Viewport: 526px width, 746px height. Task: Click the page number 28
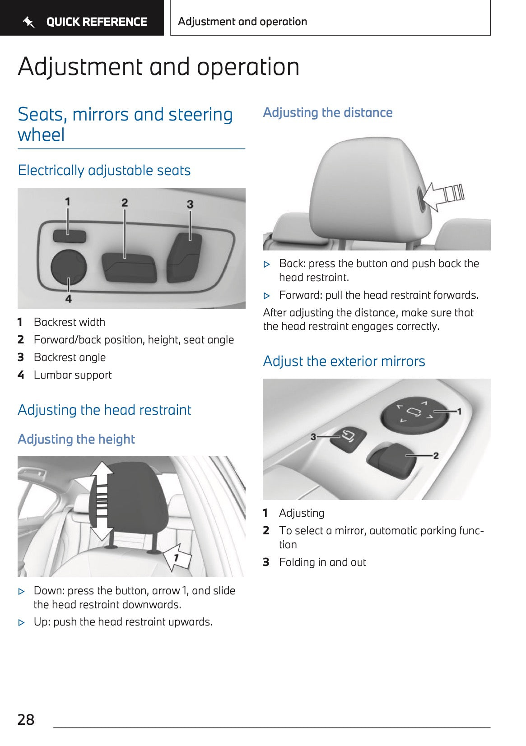[x=26, y=719]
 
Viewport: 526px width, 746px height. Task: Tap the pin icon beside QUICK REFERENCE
[x=29, y=22]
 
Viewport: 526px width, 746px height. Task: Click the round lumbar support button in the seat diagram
[x=68, y=267]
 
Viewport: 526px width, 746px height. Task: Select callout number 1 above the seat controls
[x=67, y=201]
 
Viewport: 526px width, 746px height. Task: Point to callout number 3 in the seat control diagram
[x=190, y=204]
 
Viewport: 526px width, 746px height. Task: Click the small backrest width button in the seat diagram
[x=69, y=236]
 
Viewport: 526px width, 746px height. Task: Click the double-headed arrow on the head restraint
[x=102, y=500]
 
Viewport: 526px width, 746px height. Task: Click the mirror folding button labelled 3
[x=349, y=437]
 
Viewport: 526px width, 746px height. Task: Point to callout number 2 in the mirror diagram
[x=436, y=455]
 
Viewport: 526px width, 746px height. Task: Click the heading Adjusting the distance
[x=328, y=112]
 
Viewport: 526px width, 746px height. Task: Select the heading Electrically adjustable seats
[x=104, y=170]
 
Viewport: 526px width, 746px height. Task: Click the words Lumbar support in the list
[x=73, y=375]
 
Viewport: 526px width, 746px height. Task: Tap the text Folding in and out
[x=322, y=562]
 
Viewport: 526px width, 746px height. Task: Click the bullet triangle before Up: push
[x=21, y=622]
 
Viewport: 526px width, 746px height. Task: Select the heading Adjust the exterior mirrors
[x=344, y=361]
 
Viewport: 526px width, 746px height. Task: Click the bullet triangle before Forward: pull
[x=267, y=296]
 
